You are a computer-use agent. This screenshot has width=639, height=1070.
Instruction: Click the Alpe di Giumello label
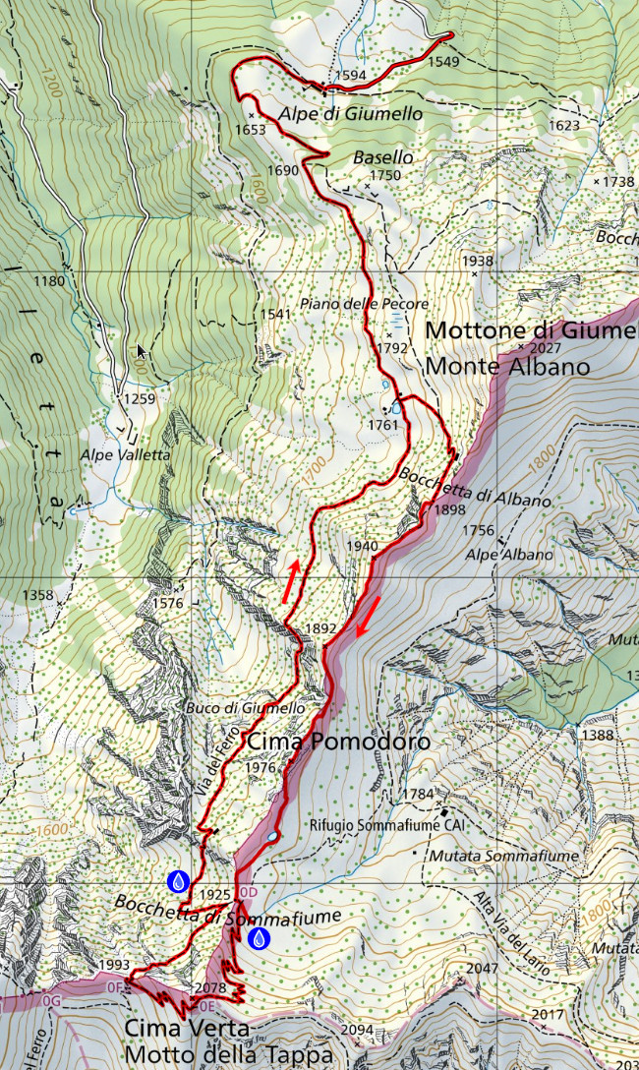point(351,114)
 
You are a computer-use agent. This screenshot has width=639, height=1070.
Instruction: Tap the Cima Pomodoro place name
point(338,742)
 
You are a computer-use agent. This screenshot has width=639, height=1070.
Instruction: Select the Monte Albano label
point(507,367)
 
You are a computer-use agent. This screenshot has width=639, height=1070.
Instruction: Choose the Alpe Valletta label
point(127,454)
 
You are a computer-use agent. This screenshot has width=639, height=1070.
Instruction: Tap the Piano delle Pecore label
point(365,304)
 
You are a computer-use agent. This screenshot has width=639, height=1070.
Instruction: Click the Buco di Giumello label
point(253,707)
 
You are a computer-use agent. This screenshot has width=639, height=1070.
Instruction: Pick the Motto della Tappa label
point(236,1054)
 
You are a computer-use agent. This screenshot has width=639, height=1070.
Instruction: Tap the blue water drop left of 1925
point(178,881)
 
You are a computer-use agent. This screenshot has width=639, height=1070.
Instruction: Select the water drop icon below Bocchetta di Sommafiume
point(259,938)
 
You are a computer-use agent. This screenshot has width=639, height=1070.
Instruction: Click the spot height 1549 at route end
point(443,61)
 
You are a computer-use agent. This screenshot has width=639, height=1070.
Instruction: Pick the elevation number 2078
point(211,988)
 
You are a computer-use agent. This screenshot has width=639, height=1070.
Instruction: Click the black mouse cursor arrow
point(142,351)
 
